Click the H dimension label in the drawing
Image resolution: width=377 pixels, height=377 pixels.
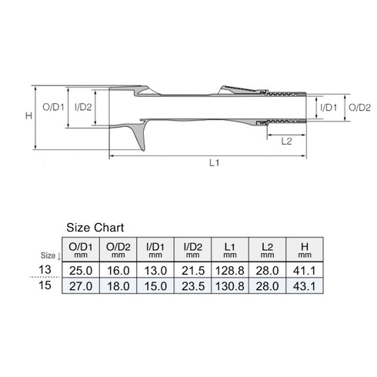point(28,115)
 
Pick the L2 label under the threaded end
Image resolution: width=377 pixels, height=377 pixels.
point(286,142)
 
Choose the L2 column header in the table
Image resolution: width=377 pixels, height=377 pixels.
point(267,248)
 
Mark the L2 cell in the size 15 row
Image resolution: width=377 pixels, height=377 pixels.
point(267,285)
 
